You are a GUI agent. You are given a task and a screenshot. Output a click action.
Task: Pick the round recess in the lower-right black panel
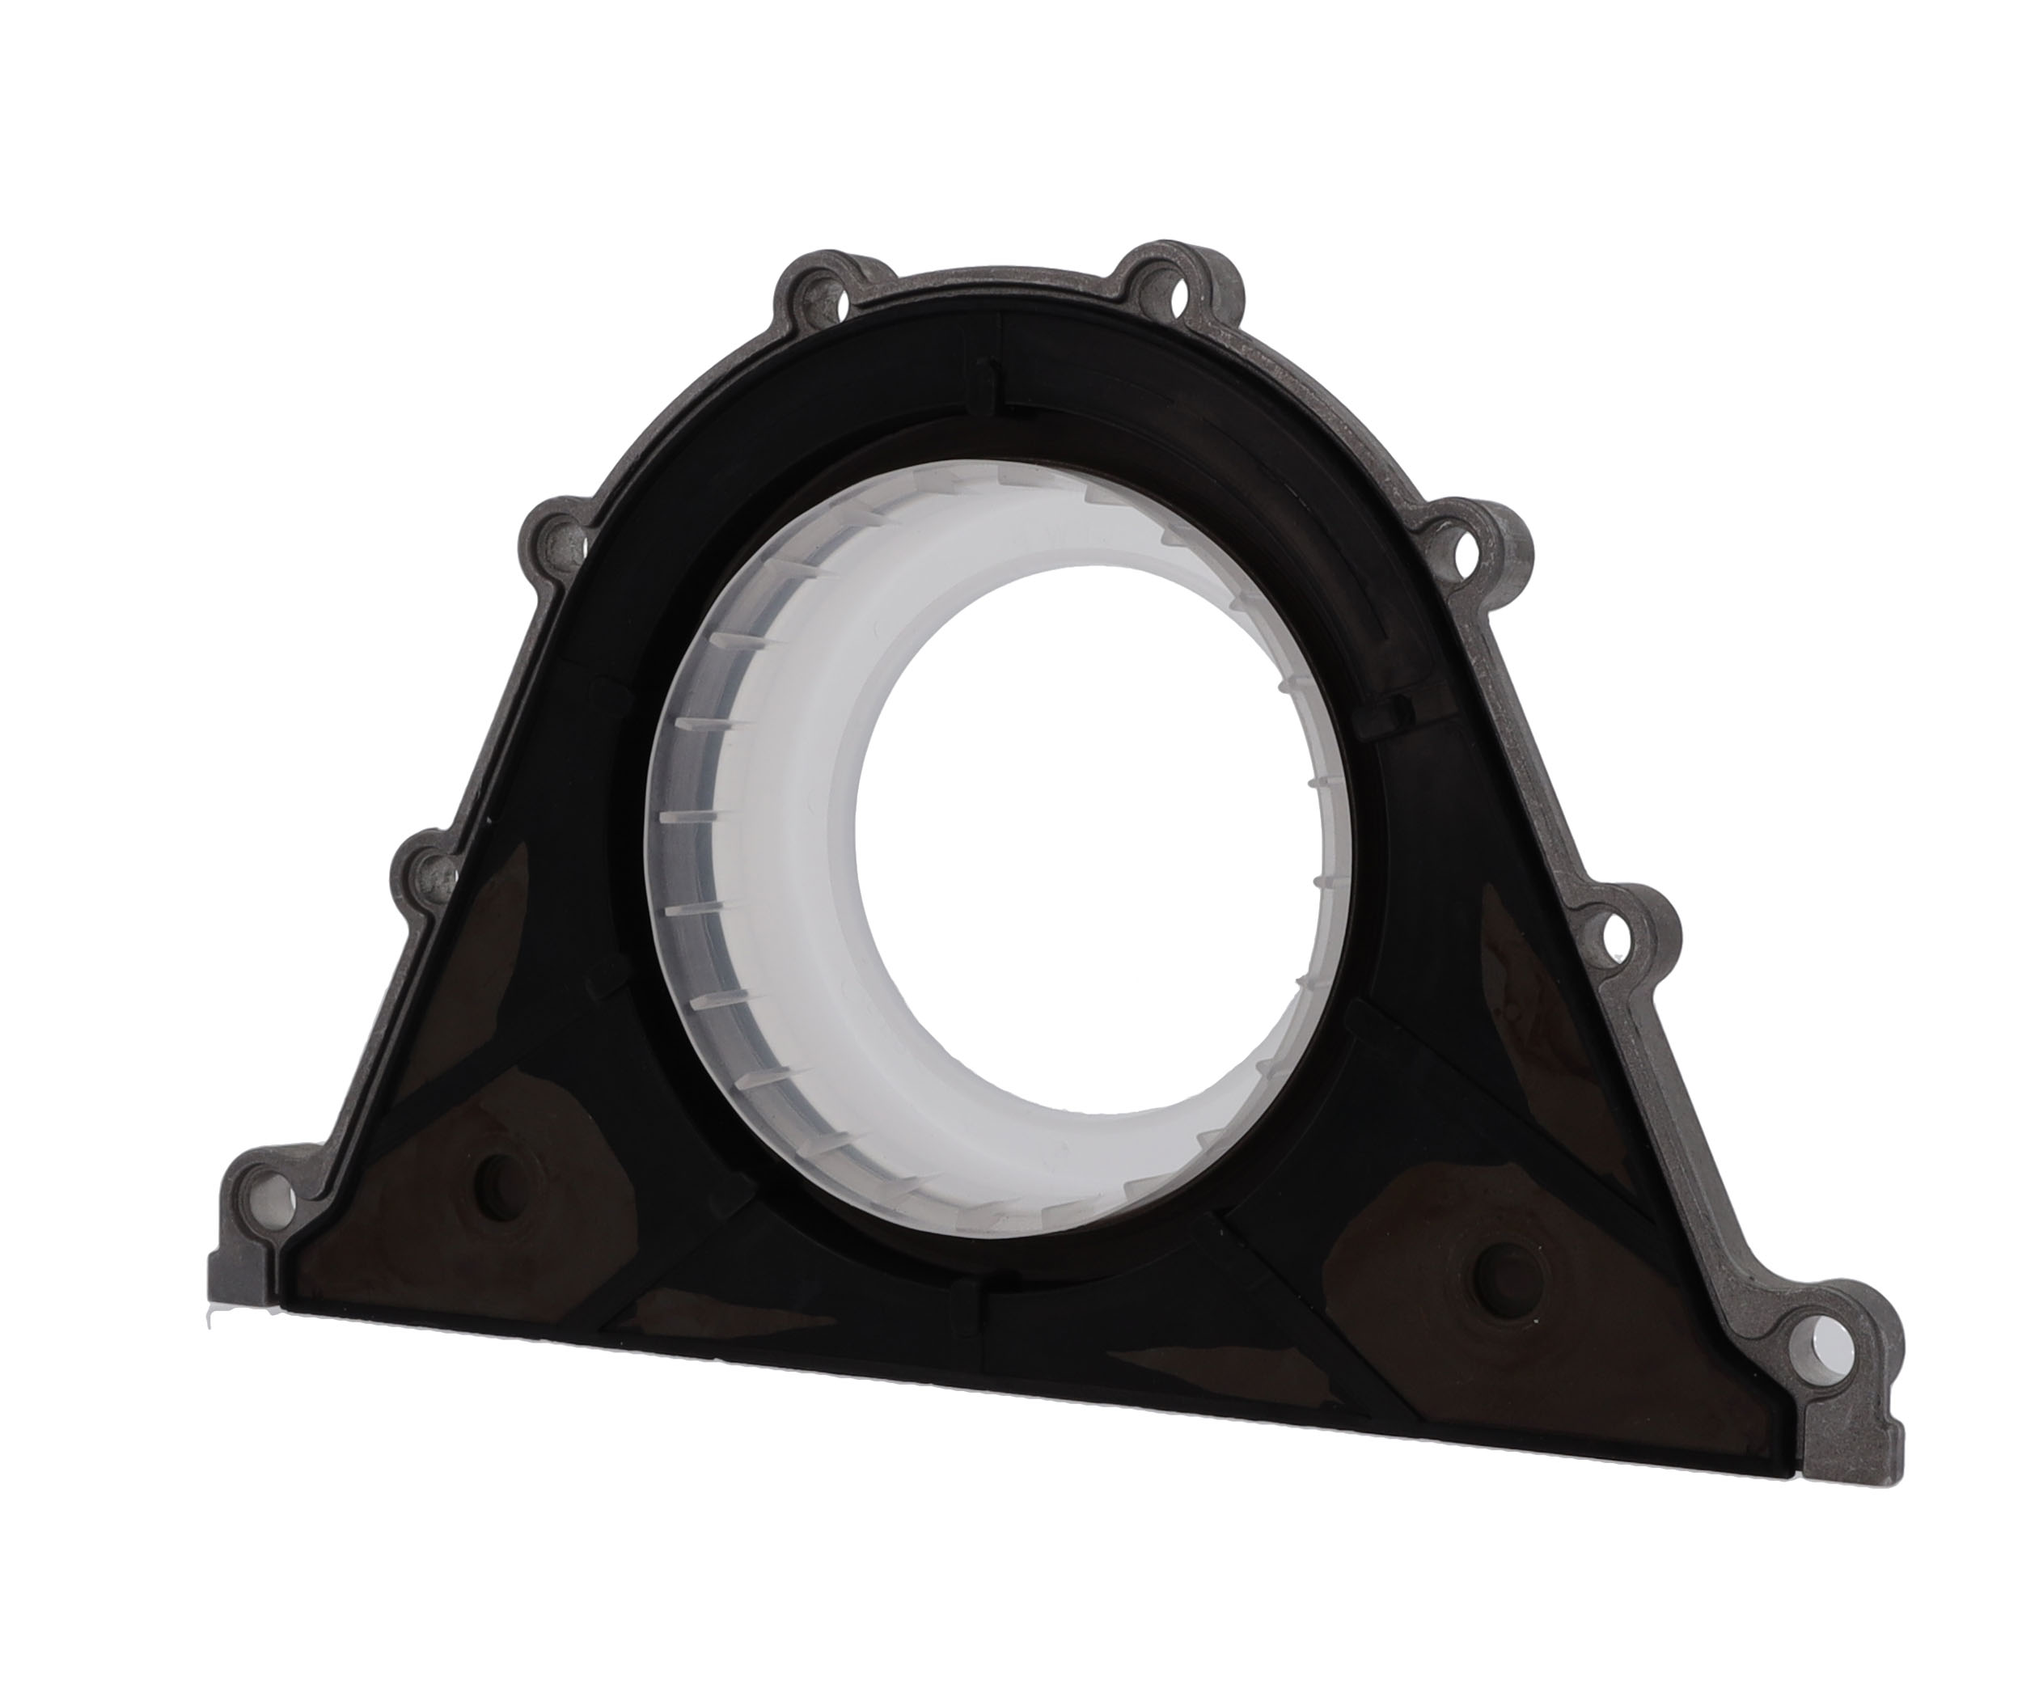tap(1505, 1277)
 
